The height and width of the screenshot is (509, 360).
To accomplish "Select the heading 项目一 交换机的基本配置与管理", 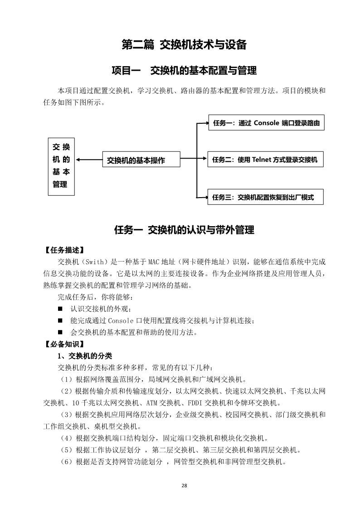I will pyautogui.click(x=184, y=71).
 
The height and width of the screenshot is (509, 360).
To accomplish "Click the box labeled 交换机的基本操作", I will pyautogui.click(x=141, y=160).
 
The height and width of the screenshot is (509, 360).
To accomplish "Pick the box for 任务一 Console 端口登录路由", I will pyautogui.click(x=266, y=123).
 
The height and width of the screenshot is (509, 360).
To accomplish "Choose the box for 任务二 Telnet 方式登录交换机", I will pyautogui.click(x=266, y=160).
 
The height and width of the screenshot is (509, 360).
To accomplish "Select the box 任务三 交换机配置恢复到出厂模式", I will pyautogui.click(x=266, y=197).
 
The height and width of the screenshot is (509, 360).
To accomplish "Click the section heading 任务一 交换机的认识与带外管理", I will pyautogui.click(x=184, y=230).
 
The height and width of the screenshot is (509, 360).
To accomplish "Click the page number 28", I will pyautogui.click(x=184, y=485).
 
